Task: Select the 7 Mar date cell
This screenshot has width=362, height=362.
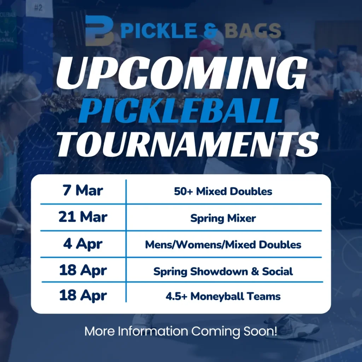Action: coord(83,191)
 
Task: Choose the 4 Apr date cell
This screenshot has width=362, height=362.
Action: coord(83,244)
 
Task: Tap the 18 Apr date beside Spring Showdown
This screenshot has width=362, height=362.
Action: coord(83,270)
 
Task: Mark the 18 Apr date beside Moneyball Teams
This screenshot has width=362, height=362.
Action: coord(83,296)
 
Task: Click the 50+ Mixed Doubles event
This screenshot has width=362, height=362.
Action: coord(223,192)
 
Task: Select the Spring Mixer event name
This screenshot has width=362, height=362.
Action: coord(223,218)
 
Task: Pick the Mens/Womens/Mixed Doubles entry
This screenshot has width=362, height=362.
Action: coord(223,245)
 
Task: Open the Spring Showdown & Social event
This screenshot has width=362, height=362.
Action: coord(223,271)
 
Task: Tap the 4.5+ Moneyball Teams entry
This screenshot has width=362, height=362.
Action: coord(223,296)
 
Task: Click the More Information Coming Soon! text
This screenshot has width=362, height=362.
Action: coord(181,331)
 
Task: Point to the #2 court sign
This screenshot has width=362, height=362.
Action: coord(38,7)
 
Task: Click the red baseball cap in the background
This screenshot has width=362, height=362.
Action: coord(207,46)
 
